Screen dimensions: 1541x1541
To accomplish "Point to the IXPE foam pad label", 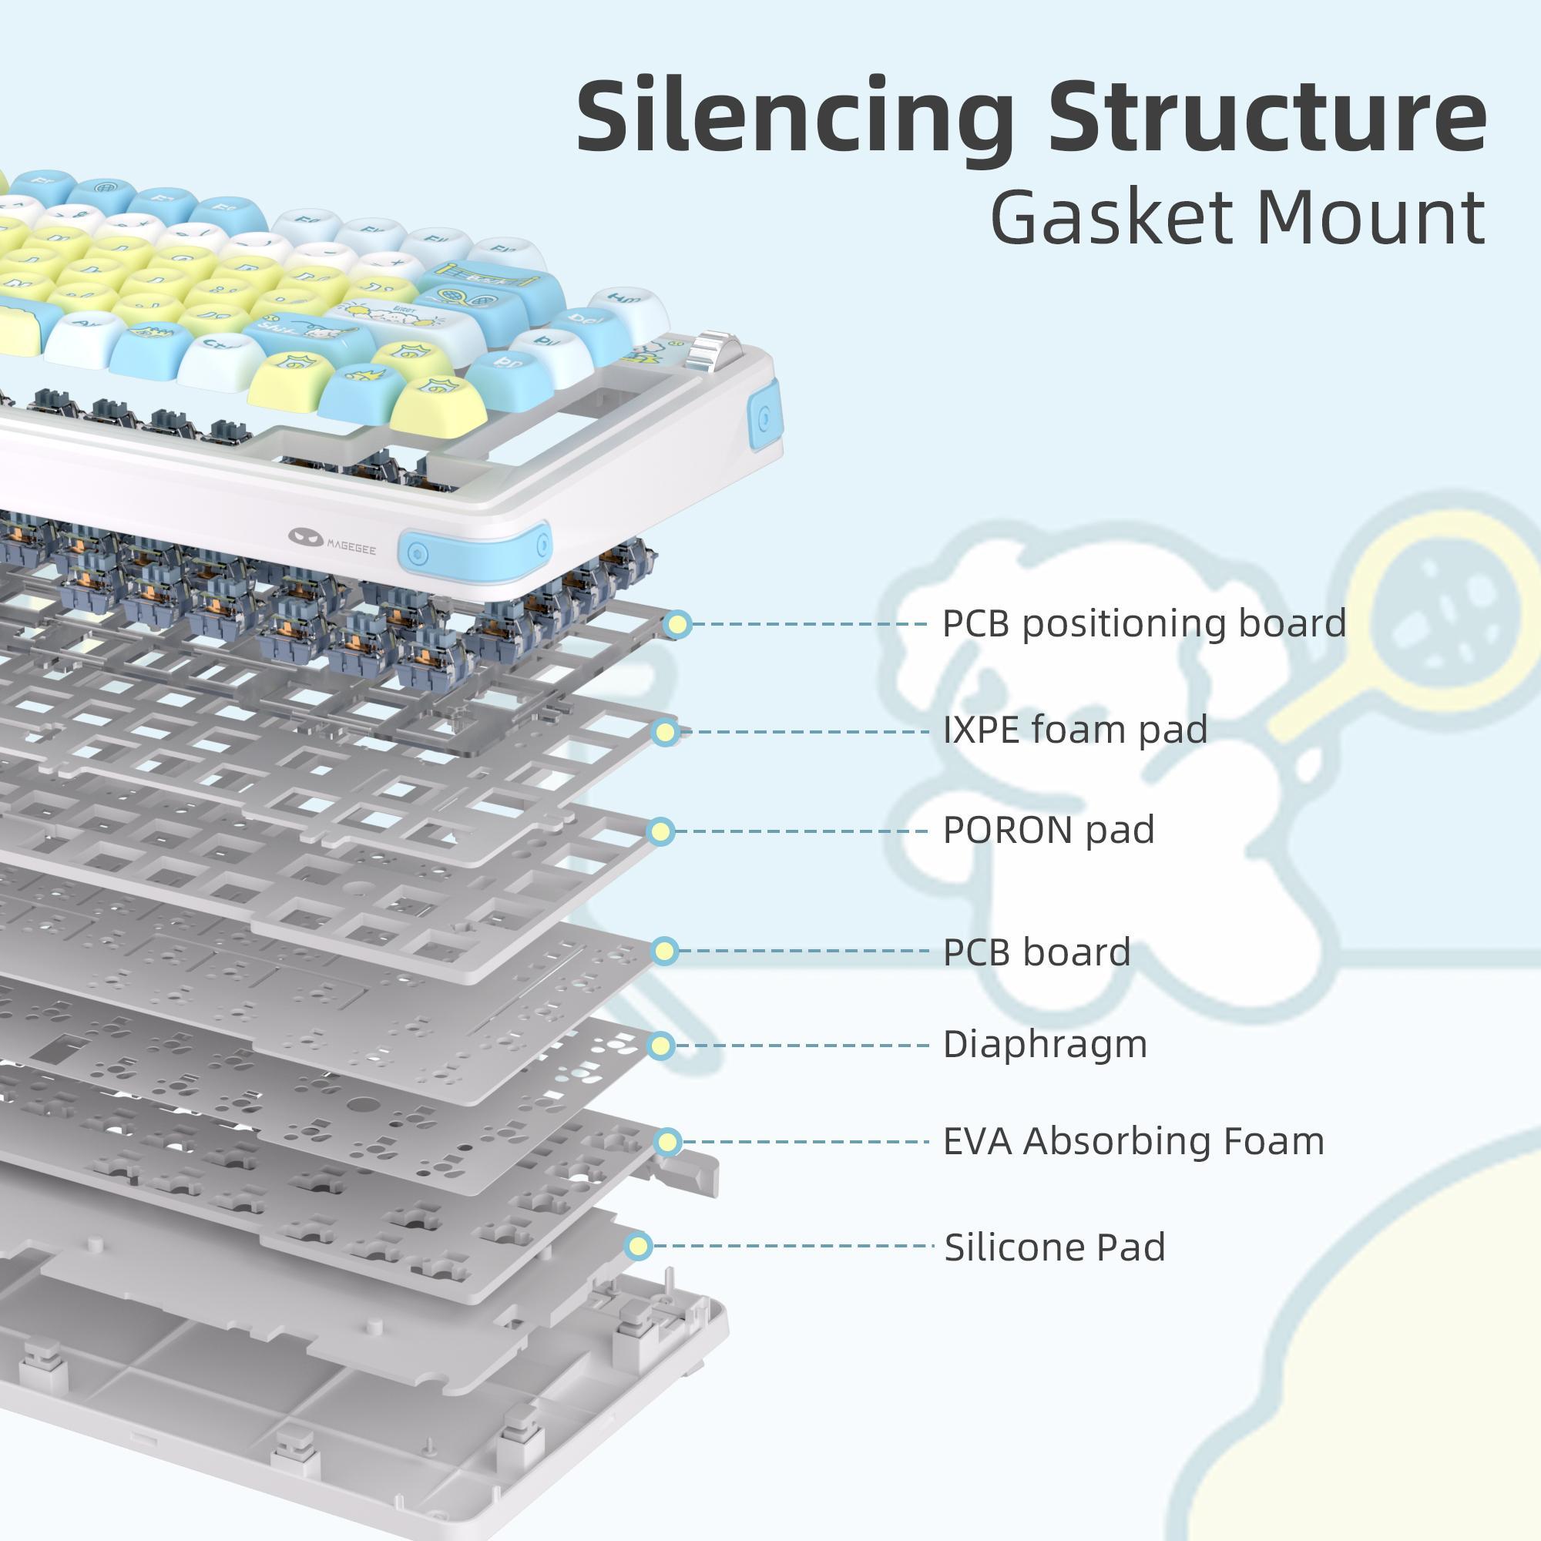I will click(x=1074, y=730).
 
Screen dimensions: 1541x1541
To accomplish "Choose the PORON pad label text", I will click(x=1048, y=831).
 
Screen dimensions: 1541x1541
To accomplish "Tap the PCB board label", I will click(x=1036, y=952).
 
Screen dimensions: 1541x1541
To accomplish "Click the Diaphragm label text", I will click(x=1044, y=1044).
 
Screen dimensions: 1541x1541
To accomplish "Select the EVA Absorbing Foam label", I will click(x=1133, y=1140).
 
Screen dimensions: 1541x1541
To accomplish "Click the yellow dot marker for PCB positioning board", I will click(x=678, y=625).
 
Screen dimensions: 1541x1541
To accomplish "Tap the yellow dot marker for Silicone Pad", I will click(x=638, y=1246).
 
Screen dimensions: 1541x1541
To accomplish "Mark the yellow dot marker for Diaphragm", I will click(x=661, y=1045).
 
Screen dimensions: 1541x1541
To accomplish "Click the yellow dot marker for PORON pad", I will click(x=660, y=832).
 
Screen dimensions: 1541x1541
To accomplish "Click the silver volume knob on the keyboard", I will click(x=711, y=349).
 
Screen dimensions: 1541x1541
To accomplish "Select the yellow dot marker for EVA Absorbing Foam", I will click(x=667, y=1142).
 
